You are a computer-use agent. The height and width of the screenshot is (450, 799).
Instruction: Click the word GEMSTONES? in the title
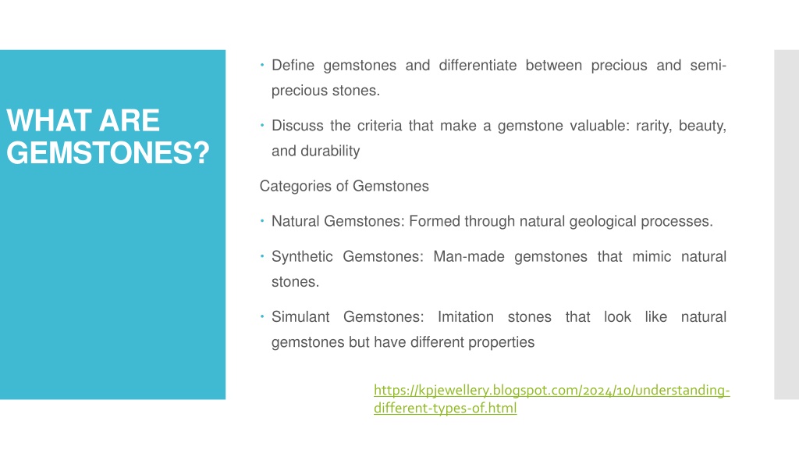[108, 152]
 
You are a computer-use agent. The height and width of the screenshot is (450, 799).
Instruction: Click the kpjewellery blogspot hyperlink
[552, 399]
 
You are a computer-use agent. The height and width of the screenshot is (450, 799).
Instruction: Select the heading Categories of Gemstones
[344, 186]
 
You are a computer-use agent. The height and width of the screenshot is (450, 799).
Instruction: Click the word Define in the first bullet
[293, 66]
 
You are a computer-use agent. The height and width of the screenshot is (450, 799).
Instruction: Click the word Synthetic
[302, 256]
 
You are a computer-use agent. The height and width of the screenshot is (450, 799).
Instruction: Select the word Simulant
[300, 317]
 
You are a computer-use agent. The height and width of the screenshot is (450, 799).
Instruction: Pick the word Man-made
[469, 256]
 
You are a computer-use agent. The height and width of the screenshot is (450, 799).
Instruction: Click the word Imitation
[466, 317]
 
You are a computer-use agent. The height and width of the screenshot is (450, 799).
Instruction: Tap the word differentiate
[478, 66]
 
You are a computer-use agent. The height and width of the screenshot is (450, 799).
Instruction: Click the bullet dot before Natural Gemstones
[262, 221]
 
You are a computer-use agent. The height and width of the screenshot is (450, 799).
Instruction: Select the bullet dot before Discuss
[262, 125]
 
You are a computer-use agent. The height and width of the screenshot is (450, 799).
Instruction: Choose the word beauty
[702, 126]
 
